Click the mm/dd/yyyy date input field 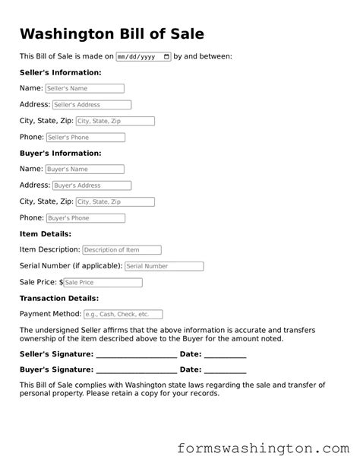[144, 56]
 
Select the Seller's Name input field [84, 89]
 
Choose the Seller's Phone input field [84, 138]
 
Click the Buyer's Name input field [84, 170]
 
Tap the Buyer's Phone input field [84, 218]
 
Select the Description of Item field [122, 250]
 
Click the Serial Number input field [164, 267]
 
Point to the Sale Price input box [103, 283]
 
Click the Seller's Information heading [60, 73]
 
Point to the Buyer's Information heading [60, 154]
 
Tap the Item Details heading [45, 234]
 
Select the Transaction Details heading [58, 299]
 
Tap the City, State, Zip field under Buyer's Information [115, 202]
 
